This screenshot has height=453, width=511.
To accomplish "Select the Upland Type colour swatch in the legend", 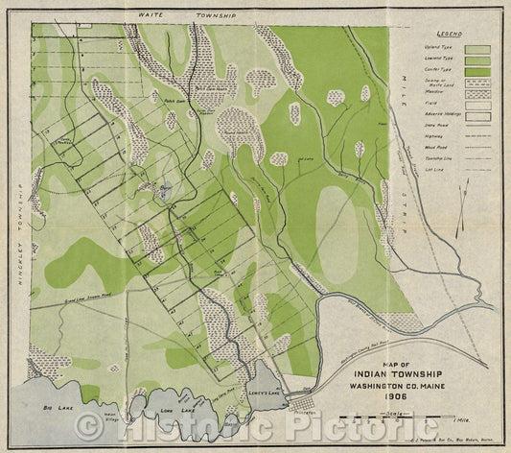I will [477, 49].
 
